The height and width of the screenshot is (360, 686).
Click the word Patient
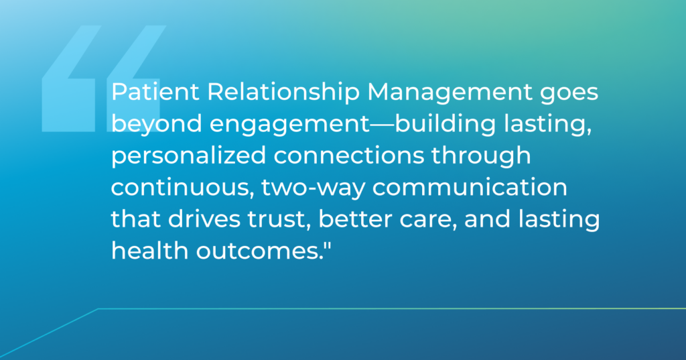coord(155,92)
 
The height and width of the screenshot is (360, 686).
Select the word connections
coord(348,156)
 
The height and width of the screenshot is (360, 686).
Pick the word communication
coord(470,188)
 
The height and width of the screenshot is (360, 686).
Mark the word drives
coord(204,219)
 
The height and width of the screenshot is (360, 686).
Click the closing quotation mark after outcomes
coord(327,245)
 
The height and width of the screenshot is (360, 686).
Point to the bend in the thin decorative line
coord(98,309)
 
